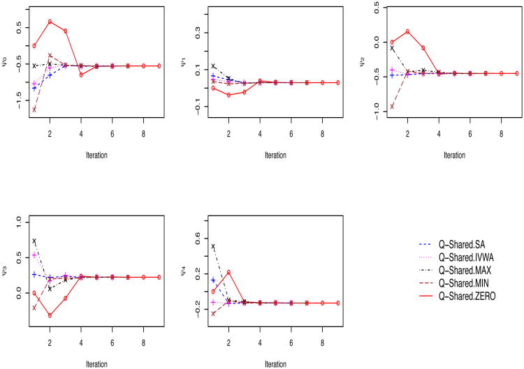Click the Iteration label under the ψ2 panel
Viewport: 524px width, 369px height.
click(x=445, y=155)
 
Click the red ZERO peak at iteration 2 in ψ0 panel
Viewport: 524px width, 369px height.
click(x=50, y=21)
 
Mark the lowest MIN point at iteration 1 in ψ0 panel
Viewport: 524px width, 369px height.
click(x=34, y=110)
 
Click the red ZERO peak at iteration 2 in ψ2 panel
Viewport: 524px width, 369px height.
click(x=407, y=31)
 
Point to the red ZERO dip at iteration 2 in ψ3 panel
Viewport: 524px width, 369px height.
click(x=50, y=315)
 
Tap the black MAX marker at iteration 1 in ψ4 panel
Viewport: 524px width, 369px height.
click(x=213, y=246)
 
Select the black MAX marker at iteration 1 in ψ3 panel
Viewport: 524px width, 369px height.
click(x=34, y=241)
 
